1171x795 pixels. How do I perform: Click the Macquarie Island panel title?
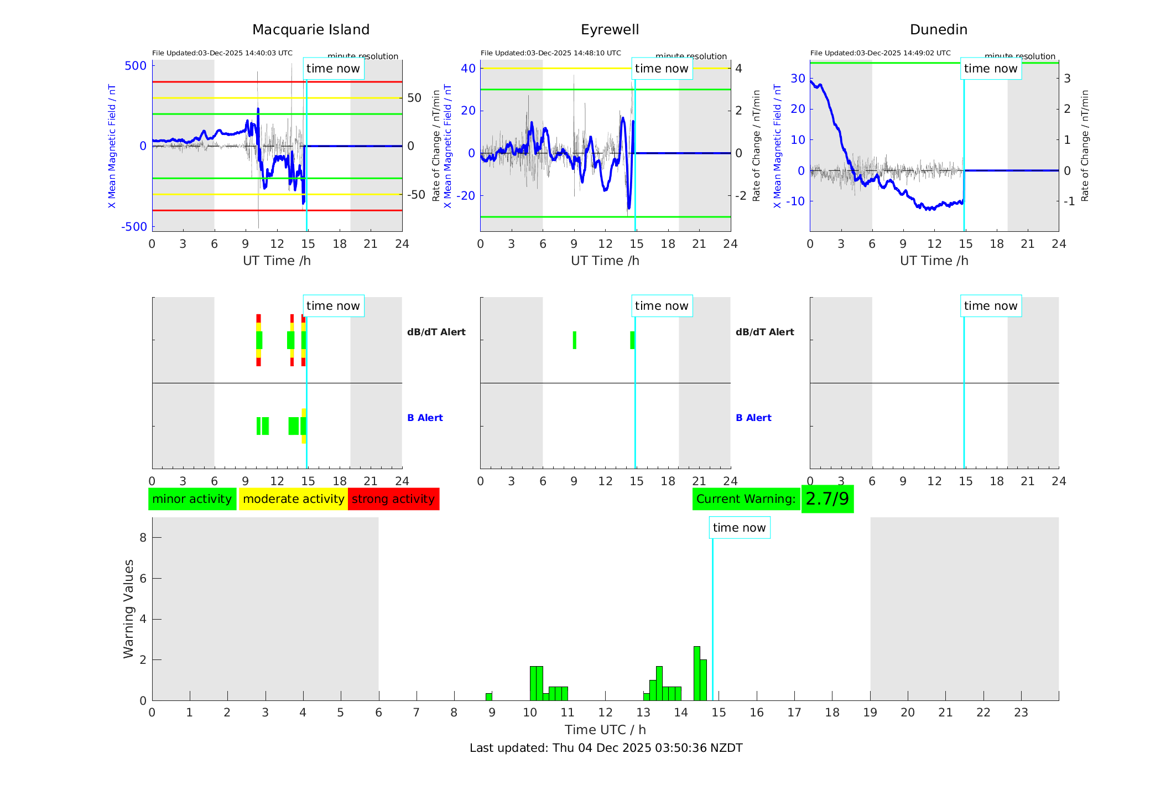pos(311,30)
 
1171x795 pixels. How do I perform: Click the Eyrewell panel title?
pos(610,30)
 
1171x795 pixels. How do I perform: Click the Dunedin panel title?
pos(939,30)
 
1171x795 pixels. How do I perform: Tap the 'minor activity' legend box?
pos(192,499)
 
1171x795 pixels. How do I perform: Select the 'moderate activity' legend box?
pos(293,499)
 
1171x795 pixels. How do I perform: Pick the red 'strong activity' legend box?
pos(393,499)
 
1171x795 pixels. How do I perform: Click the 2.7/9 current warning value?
pos(827,499)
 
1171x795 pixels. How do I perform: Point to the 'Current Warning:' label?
pos(746,499)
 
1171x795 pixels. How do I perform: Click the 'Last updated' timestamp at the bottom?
pos(606,748)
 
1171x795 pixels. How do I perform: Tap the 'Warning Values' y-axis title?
pos(128,609)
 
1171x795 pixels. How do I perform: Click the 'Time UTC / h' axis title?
pos(605,730)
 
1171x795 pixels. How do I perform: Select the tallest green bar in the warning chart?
pos(697,673)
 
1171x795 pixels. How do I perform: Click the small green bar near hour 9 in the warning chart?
pos(489,697)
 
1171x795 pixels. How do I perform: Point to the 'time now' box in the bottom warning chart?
pos(739,528)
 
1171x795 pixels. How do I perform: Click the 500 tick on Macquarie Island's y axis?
pos(136,66)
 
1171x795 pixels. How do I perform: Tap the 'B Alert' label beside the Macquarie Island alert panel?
pos(425,418)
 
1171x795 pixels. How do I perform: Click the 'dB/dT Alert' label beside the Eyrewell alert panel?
pos(764,332)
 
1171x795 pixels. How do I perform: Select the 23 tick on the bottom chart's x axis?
pos(1021,713)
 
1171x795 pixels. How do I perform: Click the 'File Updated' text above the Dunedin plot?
pos(880,53)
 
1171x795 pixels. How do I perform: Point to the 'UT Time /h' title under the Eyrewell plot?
pos(605,261)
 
